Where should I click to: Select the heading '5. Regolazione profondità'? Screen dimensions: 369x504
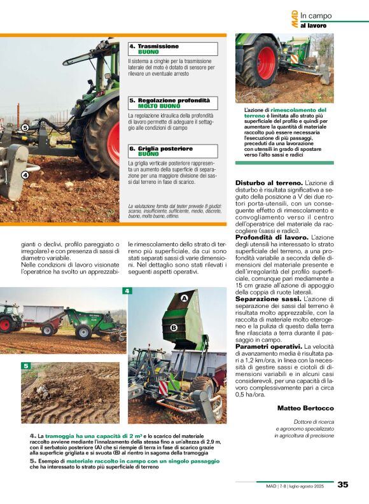coord(169,101)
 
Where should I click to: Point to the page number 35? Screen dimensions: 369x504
coord(343,484)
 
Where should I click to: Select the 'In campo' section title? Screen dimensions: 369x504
coord(316,15)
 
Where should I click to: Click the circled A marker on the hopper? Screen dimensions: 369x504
coord(184,298)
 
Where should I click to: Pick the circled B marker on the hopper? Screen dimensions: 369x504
coord(173,327)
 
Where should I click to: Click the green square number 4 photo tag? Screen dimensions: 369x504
coord(127,291)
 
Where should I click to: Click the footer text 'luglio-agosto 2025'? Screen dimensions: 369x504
coord(310,485)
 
